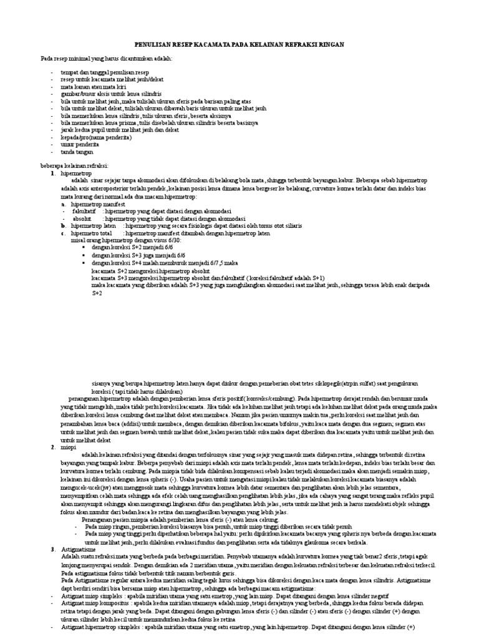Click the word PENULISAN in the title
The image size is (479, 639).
pos(154,46)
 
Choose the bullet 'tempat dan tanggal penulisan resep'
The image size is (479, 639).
pos(102,72)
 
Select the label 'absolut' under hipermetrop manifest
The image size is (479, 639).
pos(82,218)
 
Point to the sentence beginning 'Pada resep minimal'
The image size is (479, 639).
pos(105,58)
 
